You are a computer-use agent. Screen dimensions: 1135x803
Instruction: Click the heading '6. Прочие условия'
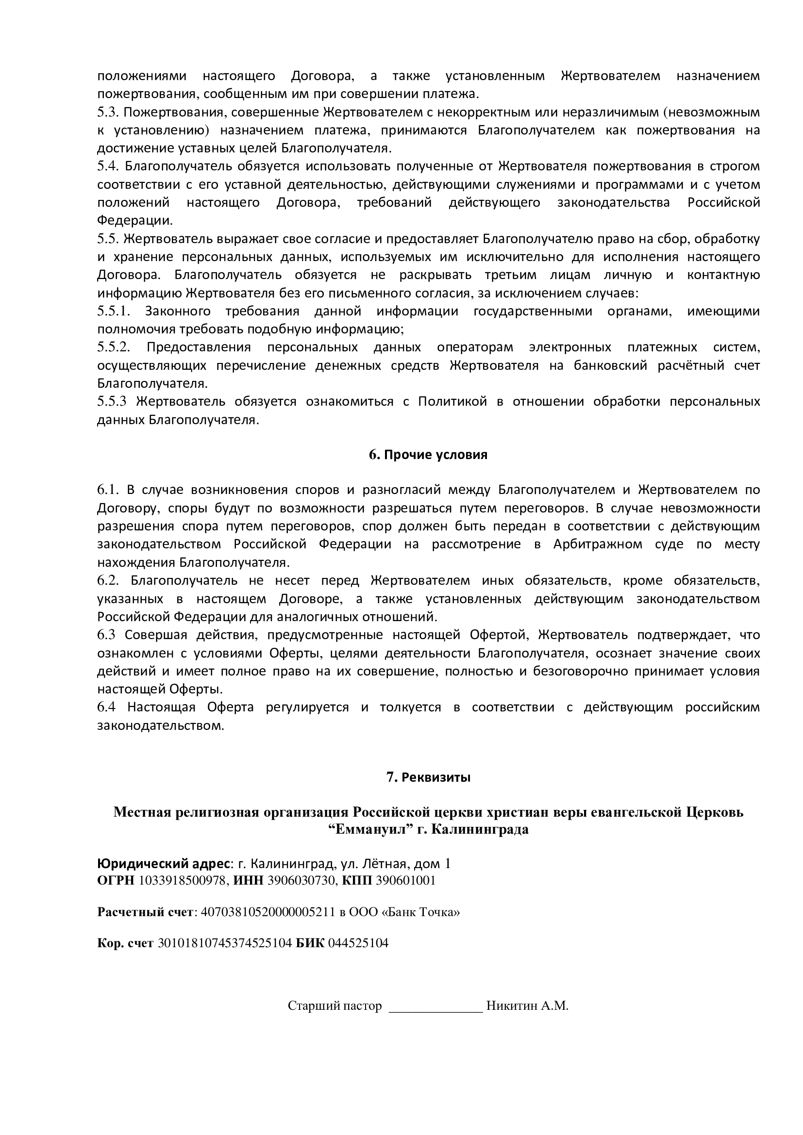pos(428,455)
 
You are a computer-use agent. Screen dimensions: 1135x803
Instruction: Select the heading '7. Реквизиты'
pos(428,777)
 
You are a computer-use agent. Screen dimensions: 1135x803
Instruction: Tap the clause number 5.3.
pos(106,113)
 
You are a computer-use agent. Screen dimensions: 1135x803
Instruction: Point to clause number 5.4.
pos(106,166)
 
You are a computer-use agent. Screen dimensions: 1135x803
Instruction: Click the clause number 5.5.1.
pos(113,312)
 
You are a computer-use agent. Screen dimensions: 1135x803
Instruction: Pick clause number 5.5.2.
pos(113,347)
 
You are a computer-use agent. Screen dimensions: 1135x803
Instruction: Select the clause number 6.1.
pos(108,490)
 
